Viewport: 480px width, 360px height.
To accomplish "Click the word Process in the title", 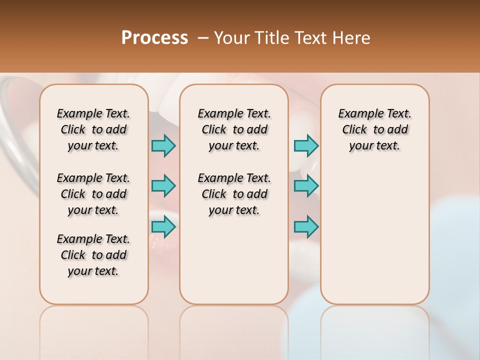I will (154, 37).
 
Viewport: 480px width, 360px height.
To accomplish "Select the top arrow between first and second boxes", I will (163, 145).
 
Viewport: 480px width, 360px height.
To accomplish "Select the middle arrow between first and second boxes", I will (163, 186).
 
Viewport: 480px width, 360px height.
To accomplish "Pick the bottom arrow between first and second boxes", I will (163, 227).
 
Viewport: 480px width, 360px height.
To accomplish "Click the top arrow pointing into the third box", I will (306, 145).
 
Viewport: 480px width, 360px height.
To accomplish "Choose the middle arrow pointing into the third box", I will (306, 186).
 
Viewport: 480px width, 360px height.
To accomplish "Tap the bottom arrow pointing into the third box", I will (306, 227).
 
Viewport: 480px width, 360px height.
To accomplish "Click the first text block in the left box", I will (93, 129).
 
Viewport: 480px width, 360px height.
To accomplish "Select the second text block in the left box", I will (93, 194).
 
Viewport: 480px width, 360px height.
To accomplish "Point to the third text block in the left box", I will (93, 255).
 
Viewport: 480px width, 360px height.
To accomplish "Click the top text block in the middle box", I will (234, 129).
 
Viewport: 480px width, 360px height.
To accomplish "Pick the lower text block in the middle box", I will (234, 194).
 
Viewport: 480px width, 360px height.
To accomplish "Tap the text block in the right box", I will (374, 129).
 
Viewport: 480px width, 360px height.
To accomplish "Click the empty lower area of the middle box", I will (234, 260).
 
